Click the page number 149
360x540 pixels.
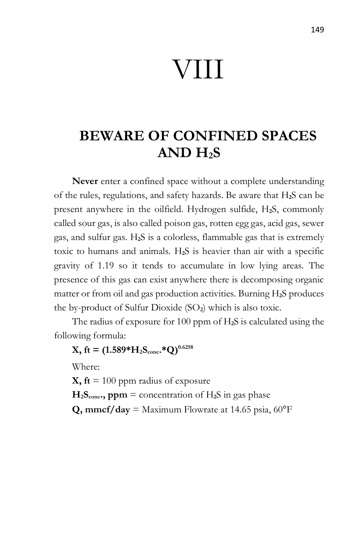tap(317, 30)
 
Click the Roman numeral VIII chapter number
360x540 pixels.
tap(198, 70)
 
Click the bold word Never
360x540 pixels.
tap(85, 181)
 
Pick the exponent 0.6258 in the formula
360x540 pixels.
tap(186, 347)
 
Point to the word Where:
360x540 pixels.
tap(86, 367)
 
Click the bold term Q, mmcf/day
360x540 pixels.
tap(101, 409)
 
